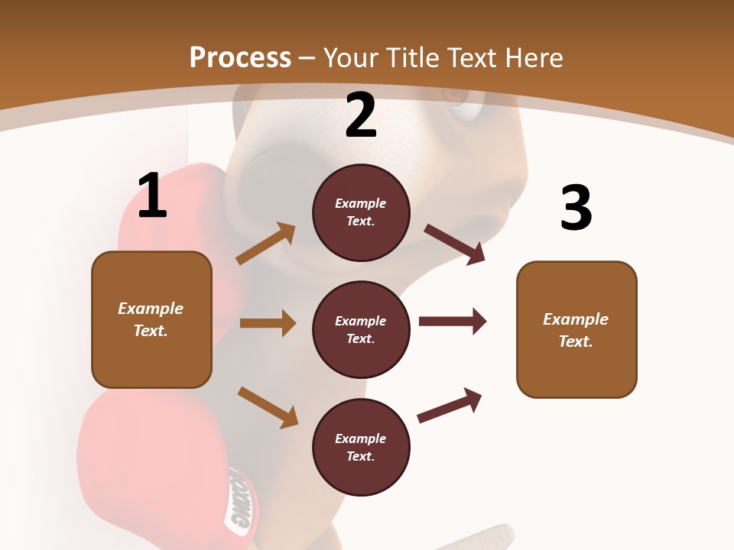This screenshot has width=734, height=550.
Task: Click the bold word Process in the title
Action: point(240,57)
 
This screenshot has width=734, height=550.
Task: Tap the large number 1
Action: point(152,196)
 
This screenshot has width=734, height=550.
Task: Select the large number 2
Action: point(361,115)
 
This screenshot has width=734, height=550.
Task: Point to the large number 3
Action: point(576,208)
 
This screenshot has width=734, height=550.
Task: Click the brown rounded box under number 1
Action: point(151,319)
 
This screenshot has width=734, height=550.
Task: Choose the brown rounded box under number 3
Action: point(576,329)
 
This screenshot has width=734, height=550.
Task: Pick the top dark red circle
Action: point(361,212)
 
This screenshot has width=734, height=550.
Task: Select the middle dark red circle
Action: point(361,329)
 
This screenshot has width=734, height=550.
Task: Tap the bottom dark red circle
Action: point(361,447)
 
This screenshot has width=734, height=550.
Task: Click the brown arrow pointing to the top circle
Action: point(266,244)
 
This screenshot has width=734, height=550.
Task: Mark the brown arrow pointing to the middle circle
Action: point(268,323)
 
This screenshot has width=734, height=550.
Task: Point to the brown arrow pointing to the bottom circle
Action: point(268,406)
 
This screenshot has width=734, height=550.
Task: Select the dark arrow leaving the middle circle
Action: point(453,322)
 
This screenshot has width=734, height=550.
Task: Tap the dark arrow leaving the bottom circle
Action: point(450,405)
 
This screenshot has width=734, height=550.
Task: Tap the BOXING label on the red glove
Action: point(238,500)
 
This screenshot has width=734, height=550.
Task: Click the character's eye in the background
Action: point(461,103)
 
